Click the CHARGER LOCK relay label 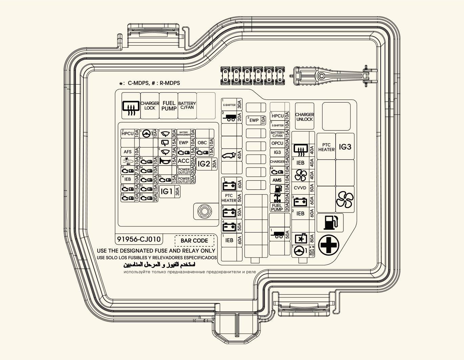pos(150,106)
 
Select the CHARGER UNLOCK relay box pos(304,117)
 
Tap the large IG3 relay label pos(345,147)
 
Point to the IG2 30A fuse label pos(204,164)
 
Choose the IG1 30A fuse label pos(167,192)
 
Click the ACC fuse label pos(183,161)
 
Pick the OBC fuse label pos(202,143)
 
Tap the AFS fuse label pos(128,152)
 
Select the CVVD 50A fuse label pos(300,188)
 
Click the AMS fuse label pos(277,180)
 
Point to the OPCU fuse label pos(277,143)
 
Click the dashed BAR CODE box pos(194,241)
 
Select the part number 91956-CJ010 pos(139,239)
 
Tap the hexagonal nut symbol pos(203,211)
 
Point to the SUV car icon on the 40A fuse pos(229,156)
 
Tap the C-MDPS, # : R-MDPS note pos(150,83)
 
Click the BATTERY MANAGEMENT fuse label pos(184,134)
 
